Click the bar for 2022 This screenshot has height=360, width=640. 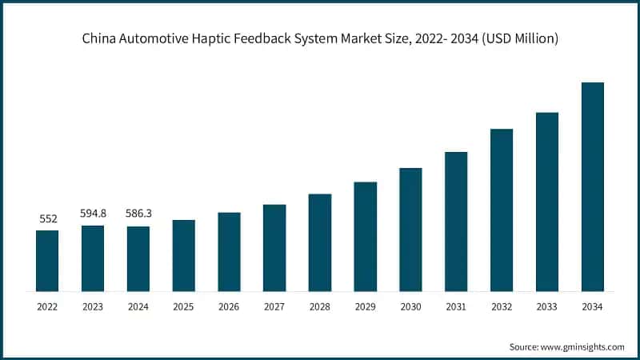pos(47,260)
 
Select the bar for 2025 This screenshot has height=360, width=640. pos(184,254)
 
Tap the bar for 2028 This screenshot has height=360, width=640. pos(320,242)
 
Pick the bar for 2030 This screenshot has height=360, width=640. pos(410,229)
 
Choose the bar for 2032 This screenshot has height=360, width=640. pos(502,209)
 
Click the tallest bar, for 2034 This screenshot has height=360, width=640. pos(592,186)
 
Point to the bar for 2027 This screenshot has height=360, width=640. pos(274,247)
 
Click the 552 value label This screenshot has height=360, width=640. pos(47,218)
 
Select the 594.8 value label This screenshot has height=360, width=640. pos(93,214)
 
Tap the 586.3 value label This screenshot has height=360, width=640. pos(138,214)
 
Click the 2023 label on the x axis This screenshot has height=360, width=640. pos(93,306)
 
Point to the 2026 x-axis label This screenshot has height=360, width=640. pos(229,306)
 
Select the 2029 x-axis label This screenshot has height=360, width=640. pos(366,306)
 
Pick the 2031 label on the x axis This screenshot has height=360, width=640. pos(456,306)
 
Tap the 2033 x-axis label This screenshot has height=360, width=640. pos(547,306)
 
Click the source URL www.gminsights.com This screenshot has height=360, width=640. pos(583,346)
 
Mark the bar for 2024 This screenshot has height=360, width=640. pos(138,258)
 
